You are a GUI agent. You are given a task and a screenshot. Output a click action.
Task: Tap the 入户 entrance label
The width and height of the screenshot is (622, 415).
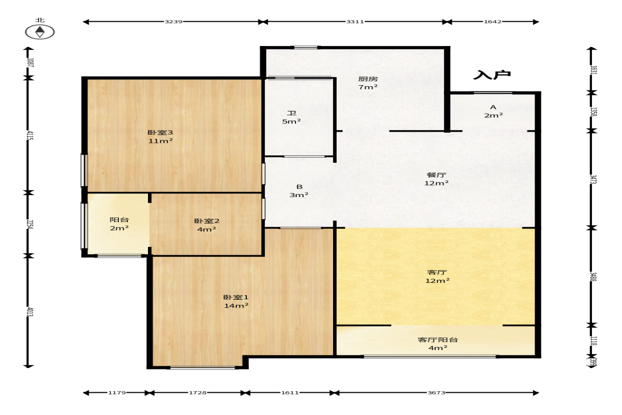pos(492,75)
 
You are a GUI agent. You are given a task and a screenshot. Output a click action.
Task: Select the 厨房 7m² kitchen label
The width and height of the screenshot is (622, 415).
pos(368,83)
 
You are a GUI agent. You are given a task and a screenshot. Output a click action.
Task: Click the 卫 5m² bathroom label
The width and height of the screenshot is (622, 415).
pos(292,117)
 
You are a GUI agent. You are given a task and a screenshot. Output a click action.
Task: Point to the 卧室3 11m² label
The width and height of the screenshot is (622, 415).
pos(160,137)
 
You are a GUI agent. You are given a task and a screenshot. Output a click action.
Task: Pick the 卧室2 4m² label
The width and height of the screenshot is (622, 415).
pos(207,225)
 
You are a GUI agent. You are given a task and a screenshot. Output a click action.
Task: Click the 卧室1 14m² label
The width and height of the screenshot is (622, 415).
pos(236,301)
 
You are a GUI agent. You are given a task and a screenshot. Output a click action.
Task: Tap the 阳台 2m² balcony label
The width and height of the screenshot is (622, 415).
pos(119,224)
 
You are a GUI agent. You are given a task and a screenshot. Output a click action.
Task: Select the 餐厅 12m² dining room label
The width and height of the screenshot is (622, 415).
pos(437,179)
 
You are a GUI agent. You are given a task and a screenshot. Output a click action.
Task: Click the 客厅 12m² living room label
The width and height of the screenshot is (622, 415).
pos(437,276)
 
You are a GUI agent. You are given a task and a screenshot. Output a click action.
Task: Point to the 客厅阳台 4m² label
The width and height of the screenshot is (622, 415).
pos(438,344)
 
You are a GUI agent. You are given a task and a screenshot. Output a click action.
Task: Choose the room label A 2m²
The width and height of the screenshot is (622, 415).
pos(493,111)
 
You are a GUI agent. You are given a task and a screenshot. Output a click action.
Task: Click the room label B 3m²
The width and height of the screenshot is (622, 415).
pos(299,191)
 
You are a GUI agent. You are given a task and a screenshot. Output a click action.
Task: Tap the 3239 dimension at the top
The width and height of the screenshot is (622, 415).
pos(173,22)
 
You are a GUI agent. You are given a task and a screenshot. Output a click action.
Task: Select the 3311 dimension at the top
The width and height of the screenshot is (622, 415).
pos(355,22)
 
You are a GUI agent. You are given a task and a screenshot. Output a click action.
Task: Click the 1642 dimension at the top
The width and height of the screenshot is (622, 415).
pos(493,22)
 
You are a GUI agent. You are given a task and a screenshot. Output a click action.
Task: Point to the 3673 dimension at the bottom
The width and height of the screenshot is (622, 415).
pos(436,393)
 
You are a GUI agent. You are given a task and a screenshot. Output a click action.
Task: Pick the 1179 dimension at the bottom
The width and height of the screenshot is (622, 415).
pos(117,393)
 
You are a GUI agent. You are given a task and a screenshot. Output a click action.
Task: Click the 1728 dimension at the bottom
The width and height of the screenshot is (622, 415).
pos(198,393)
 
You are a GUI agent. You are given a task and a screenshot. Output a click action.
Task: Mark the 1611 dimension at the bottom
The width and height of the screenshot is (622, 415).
pos(290,393)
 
